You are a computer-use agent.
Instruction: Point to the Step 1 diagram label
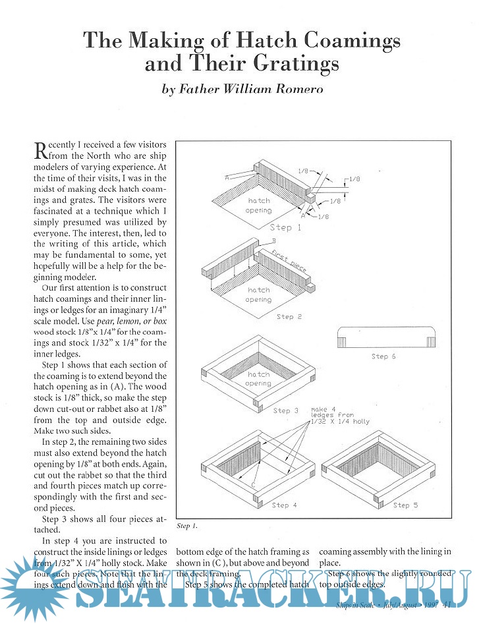[x=285, y=227]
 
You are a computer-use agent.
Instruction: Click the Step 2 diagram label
[x=289, y=317]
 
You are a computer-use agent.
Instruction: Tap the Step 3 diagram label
[x=286, y=411]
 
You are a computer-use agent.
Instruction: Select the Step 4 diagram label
[x=285, y=505]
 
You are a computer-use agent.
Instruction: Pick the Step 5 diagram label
[x=406, y=505]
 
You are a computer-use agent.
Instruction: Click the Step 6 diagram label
[x=384, y=356]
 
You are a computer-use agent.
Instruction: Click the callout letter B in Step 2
[x=273, y=242]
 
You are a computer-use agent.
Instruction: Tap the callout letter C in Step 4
[x=252, y=485]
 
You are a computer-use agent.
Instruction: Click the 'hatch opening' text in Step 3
[x=259, y=380]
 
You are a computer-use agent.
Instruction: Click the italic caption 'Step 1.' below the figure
[x=187, y=526]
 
